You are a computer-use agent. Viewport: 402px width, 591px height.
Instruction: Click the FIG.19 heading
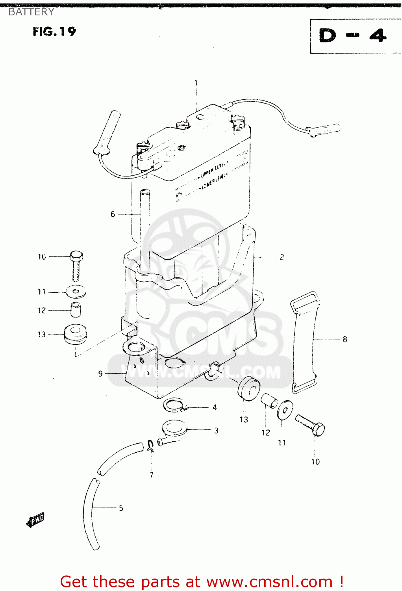[54, 32]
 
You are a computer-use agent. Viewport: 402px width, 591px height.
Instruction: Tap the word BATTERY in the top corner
[31, 12]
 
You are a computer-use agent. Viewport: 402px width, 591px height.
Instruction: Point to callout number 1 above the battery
[196, 83]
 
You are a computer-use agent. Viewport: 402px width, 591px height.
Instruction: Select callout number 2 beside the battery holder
[282, 257]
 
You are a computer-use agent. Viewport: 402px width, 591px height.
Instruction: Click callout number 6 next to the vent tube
[113, 214]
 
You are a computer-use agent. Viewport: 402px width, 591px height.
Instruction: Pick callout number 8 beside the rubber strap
[345, 339]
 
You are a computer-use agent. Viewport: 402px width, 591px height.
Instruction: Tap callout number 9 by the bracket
[100, 374]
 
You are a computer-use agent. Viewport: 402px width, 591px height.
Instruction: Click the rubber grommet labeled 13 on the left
[75, 334]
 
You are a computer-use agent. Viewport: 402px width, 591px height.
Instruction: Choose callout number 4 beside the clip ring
[215, 407]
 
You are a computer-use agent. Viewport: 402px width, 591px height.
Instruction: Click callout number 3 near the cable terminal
[216, 431]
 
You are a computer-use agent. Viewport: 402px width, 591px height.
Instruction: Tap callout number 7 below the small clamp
[152, 475]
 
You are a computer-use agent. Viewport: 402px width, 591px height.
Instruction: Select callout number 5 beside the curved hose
[121, 508]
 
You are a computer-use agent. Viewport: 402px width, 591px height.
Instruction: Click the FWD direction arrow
[35, 520]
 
